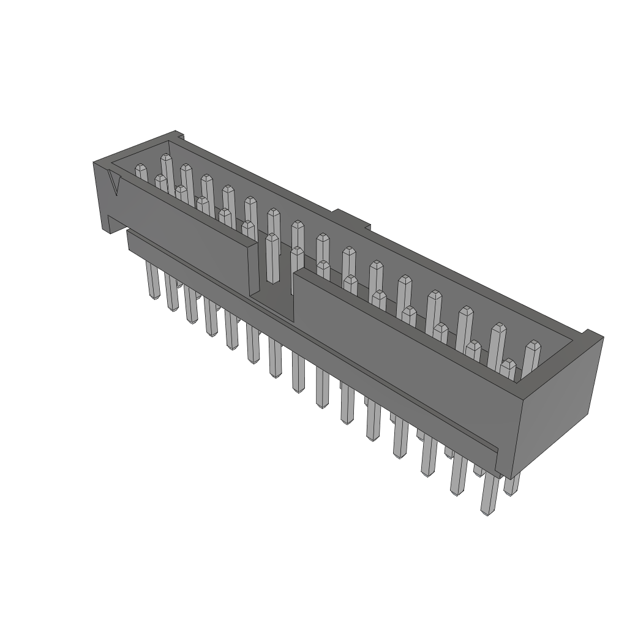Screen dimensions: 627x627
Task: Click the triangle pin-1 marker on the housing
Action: point(114,183)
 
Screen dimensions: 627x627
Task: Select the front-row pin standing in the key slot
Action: point(272,257)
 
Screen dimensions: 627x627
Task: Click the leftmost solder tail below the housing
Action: point(152,280)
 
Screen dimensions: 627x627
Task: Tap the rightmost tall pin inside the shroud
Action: point(531,358)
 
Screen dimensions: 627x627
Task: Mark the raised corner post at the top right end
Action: point(593,336)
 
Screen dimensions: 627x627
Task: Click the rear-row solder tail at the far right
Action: point(511,484)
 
